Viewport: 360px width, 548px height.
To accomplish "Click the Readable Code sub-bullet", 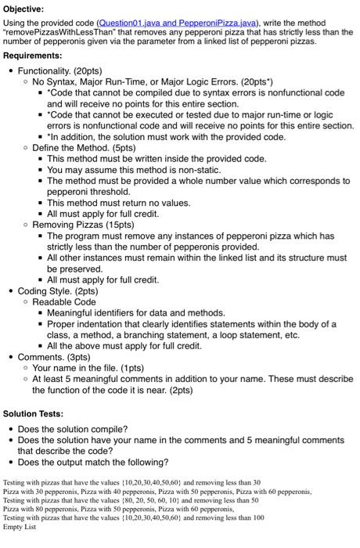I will (64, 301).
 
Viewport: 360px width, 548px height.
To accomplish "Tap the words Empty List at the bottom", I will (20, 527).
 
